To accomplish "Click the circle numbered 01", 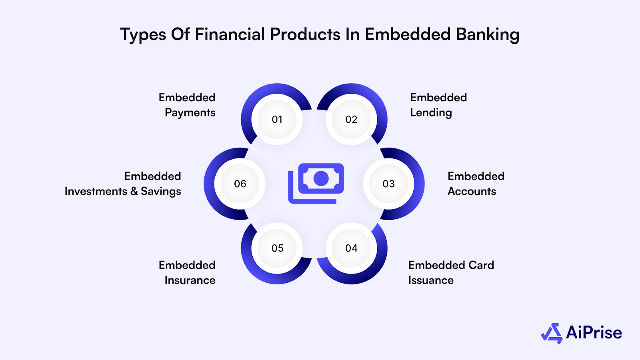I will tap(277, 119).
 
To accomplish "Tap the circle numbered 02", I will tap(351, 119).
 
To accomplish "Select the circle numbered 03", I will tap(388, 184).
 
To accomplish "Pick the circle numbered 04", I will tap(351, 248).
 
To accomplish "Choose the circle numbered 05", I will tap(277, 248).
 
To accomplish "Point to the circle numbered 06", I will tap(240, 184).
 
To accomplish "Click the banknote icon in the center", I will tap(316, 183).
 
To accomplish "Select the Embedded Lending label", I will tap(438, 105).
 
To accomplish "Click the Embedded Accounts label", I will tap(476, 184).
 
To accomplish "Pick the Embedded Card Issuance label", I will tap(451, 272).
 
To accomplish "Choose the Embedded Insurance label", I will tap(187, 272).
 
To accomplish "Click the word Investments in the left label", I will tap(96, 191).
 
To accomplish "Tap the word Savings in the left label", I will tap(161, 192).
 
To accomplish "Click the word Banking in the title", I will tap(488, 35).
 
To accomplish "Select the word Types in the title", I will tap(143, 35).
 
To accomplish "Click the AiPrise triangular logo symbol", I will tap(552, 333).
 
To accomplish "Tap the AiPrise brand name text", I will tap(594, 333).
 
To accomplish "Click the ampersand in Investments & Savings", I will tap(134, 191).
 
